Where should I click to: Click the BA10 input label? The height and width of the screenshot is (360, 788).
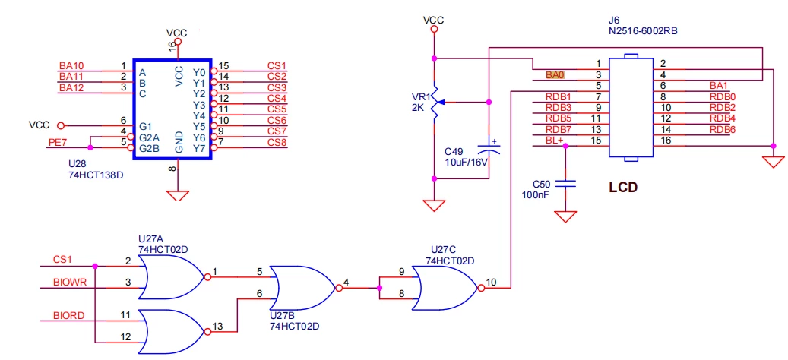[x=71, y=66]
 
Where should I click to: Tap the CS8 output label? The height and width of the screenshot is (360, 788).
[x=277, y=143]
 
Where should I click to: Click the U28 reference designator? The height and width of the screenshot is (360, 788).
[x=78, y=164]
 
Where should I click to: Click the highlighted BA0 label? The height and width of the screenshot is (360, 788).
[x=555, y=75]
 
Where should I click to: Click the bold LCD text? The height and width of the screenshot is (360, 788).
[x=623, y=188]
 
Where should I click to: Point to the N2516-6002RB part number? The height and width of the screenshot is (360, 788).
[x=642, y=30]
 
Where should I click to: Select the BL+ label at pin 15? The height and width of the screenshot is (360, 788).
[x=554, y=140]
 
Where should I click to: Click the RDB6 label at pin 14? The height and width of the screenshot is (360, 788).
[x=723, y=130]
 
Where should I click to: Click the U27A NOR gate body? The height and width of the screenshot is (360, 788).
[x=171, y=276]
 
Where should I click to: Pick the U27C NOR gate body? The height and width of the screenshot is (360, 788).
[x=445, y=288]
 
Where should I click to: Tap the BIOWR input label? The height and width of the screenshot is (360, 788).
[x=70, y=283]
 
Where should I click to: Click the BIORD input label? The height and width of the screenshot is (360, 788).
[x=69, y=316]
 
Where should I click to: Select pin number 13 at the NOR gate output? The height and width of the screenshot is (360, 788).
[x=217, y=327]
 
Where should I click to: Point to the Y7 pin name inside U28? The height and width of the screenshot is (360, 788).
[x=199, y=148]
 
